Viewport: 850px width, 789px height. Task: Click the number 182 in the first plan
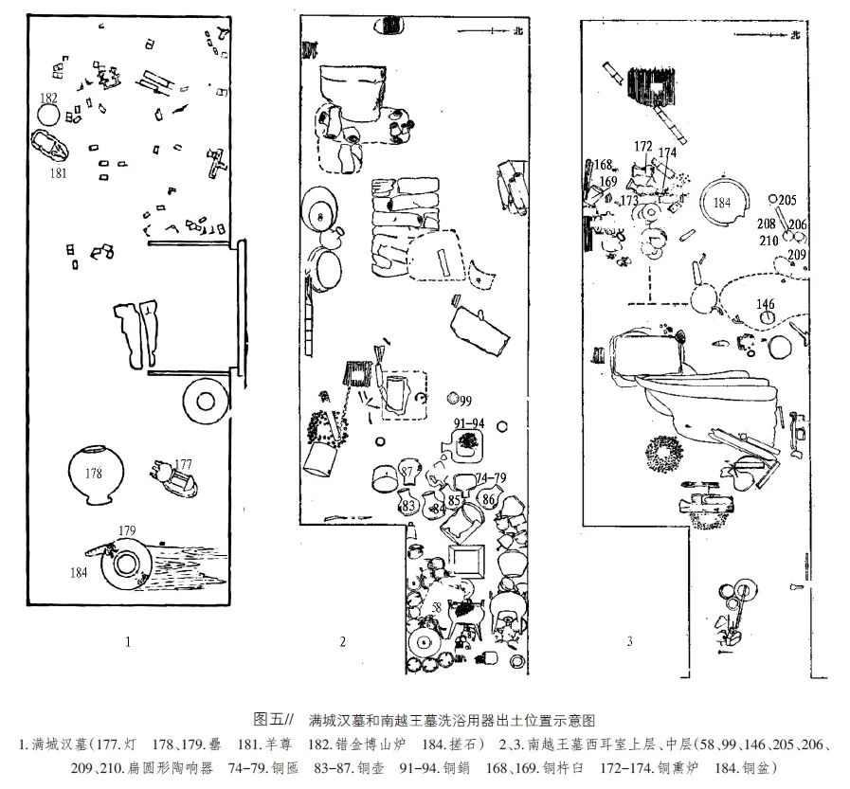pos(48,98)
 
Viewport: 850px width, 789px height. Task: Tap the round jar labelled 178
pos(94,474)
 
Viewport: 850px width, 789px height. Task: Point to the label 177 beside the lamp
pos(183,464)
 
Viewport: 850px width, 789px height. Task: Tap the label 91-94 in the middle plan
pos(468,422)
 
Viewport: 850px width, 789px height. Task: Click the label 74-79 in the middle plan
pos(490,477)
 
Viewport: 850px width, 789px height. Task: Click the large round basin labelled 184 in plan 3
pos(723,203)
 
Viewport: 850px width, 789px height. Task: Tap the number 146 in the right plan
pos(765,304)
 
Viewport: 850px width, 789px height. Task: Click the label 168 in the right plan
pos(604,165)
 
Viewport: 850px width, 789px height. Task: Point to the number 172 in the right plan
pos(643,146)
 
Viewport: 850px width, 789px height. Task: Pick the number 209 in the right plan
pos(796,254)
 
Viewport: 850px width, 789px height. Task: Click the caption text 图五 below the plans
pos(270,719)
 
